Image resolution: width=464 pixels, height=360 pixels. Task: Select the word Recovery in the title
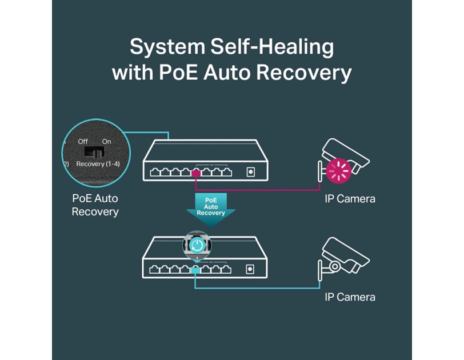[311, 73]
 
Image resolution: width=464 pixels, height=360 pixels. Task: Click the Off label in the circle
[83, 141]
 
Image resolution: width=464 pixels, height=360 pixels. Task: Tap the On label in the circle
[106, 141]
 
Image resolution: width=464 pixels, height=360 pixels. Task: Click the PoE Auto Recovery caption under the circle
[95, 205]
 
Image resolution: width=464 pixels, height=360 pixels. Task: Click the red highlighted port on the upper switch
[196, 173]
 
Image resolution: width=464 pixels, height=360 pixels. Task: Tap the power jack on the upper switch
[250, 171]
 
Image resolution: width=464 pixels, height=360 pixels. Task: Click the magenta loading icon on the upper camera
[338, 170]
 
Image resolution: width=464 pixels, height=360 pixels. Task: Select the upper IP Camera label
[350, 199]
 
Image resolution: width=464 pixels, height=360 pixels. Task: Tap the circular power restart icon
[197, 246]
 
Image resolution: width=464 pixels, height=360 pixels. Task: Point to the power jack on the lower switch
[250, 269]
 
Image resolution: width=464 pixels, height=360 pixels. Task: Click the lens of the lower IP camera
[335, 266]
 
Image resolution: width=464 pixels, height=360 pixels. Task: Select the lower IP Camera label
[350, 297]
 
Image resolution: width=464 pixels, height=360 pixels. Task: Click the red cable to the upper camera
[257, 189]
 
